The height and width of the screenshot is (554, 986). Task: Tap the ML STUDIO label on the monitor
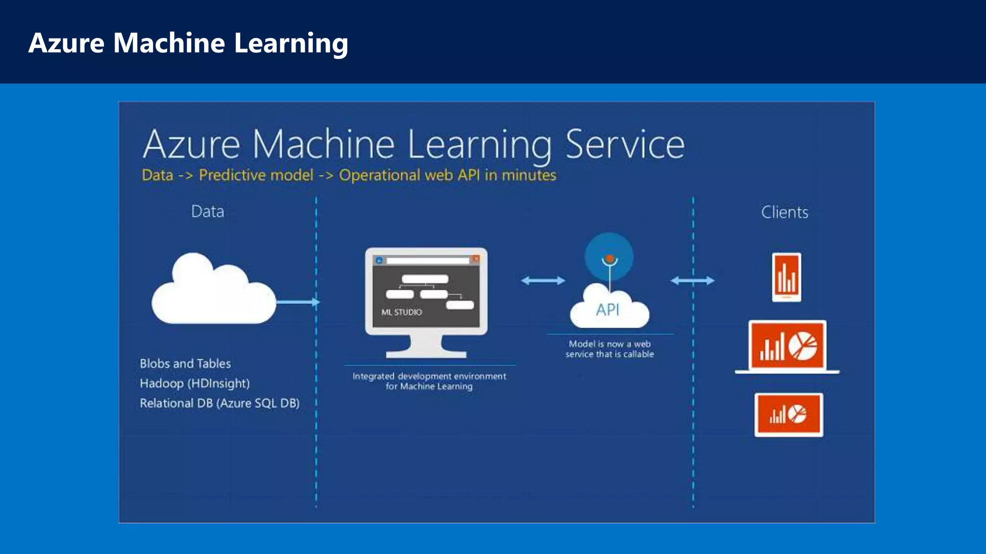(402, 312)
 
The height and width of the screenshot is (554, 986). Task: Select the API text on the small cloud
(608, 310)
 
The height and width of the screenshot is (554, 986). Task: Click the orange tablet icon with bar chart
(787, 277)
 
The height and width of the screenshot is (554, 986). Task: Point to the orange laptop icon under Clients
(788, 347)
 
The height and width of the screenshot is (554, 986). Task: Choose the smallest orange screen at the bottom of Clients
(789, 415)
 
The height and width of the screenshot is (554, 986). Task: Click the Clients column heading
(784, 212)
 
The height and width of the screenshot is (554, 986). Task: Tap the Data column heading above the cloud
(208, 211)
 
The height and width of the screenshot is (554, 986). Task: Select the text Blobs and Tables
(185, 364)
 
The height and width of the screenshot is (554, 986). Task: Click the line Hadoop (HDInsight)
(195, 383)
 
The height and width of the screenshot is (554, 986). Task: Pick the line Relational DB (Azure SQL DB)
(220, 403)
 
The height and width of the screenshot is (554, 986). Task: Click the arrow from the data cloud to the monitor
(298, 302)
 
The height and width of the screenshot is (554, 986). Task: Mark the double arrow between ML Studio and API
(543, 280)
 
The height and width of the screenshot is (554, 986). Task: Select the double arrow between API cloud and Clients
(692, 280)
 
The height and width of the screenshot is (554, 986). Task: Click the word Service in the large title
(624, 144)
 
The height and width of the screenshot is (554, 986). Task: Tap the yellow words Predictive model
(256, 175)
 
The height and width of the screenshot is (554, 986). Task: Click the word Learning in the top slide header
(291, 43)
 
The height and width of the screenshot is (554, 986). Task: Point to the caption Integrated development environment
(429, 376)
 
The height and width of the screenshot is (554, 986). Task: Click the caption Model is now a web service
(610, 349)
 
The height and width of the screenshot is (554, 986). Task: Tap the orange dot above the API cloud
(610, 259)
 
